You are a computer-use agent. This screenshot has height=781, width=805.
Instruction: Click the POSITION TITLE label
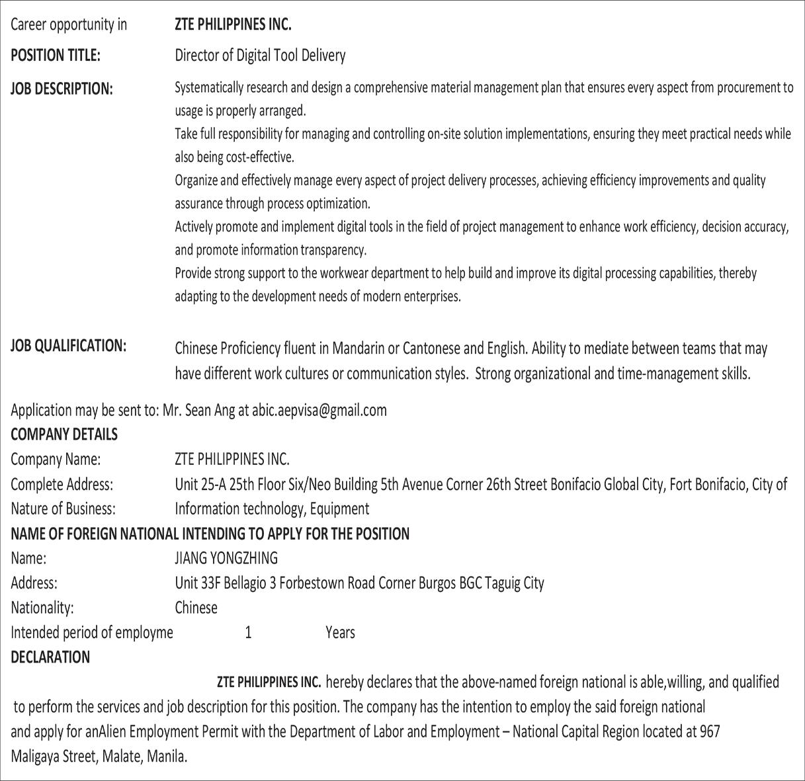(56, 56)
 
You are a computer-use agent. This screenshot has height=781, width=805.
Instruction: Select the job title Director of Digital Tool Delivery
(260, 56)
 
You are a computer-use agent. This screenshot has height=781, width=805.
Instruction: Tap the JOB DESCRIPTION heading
(62, 89)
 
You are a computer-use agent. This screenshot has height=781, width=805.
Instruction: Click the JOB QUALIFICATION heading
(68, 346)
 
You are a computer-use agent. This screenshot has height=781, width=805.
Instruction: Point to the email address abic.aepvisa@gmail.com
(319, 411)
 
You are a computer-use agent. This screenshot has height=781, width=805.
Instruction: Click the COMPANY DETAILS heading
(64, 434)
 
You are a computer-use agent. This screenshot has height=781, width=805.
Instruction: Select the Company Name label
(56, 459)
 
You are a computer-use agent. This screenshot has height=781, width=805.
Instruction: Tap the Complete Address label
(62, 484)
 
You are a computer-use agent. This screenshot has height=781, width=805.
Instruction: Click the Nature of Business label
(63, 509)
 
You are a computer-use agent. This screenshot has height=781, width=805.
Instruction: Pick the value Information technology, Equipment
(272, 509)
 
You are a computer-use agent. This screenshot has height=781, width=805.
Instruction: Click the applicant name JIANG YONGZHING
(226, 558)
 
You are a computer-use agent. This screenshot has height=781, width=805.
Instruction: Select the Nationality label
(42, 608)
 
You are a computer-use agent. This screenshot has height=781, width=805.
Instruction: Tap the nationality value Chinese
(196, 608)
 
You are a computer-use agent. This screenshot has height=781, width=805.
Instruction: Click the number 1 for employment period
(248, 633)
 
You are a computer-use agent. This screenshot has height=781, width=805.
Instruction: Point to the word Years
(340, 633)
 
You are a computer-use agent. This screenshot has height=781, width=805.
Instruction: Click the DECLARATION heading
(50, 657)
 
